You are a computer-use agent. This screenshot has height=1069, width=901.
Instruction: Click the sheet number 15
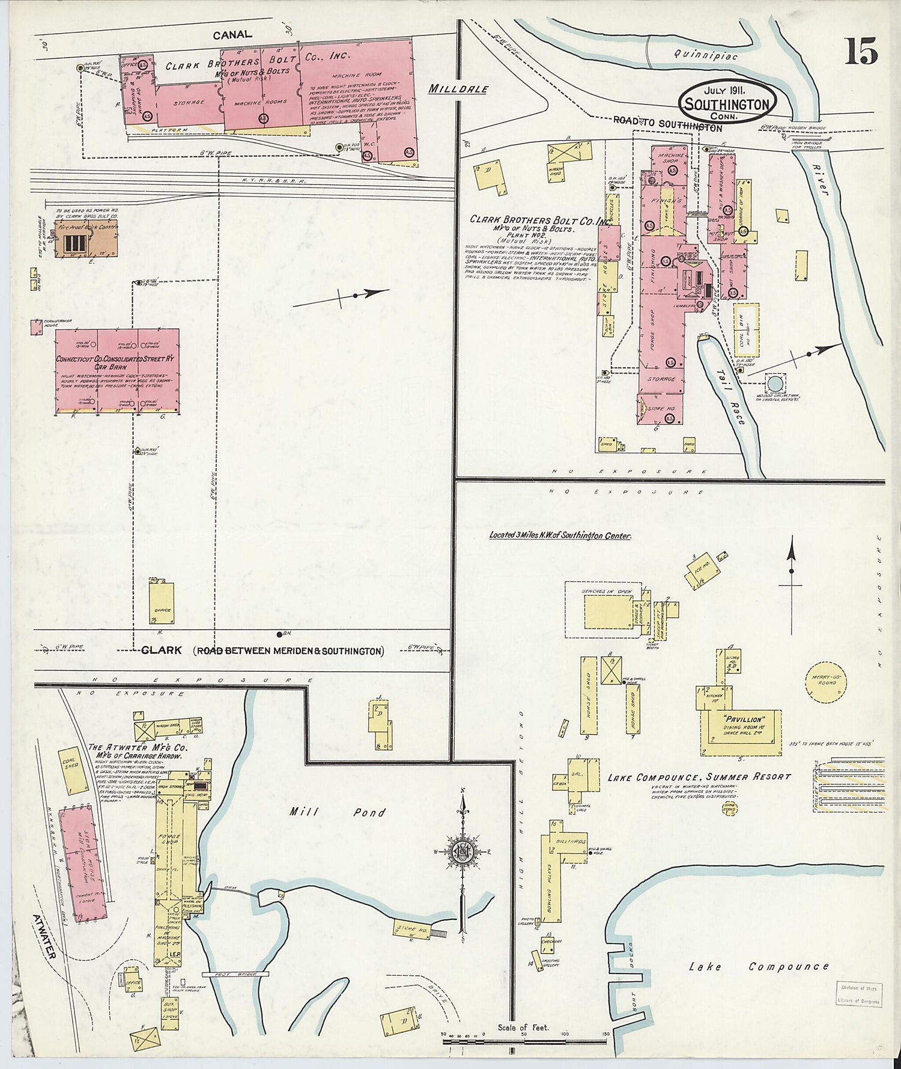click(x=861, y=51)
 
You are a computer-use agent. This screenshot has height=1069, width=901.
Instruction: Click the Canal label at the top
click(x=232, y=35)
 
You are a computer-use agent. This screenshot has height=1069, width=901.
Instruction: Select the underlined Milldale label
click(x=458, y=89)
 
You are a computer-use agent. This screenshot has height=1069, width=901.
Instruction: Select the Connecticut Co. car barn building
click(x=117, y=370)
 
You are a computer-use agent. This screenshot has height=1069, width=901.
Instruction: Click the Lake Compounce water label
click(x=758, y=967)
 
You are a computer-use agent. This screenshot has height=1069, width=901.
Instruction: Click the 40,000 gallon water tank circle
click(x=775, y=383)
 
